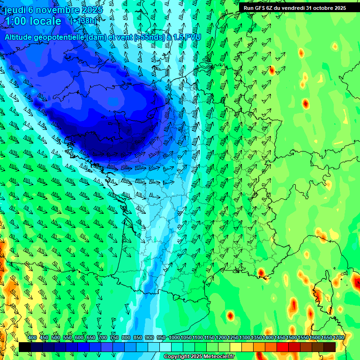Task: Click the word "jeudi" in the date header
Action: click(x=15, y=9)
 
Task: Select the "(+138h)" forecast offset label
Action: click(x=82, y=21)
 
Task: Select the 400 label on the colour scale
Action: click(x=32, y=338)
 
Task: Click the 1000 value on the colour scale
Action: click(x=174, y=338)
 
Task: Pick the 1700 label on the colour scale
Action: click(x=338, y=338)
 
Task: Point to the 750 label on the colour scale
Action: click(x=114, y=338)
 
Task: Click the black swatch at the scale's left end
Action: click(x=24, y=347)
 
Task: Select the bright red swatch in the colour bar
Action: click(x=283, y=347)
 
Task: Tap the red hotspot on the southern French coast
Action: click(x=262, y=272)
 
